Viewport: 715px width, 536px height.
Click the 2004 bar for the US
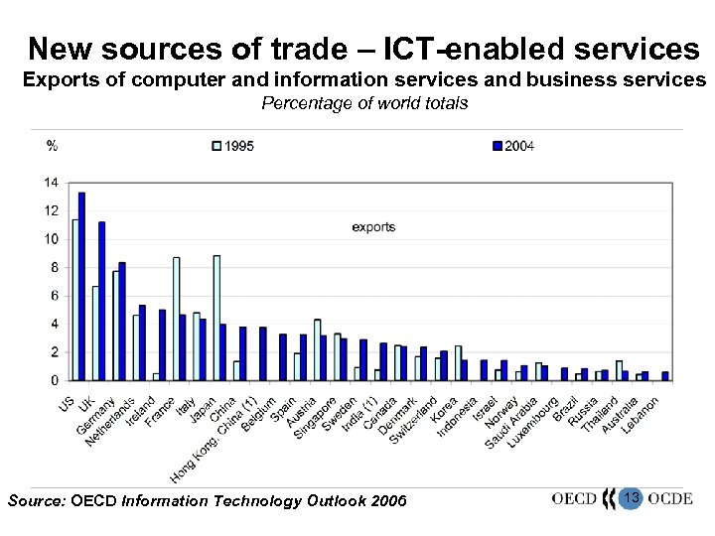coord(81,286)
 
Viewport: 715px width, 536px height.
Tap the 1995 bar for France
coord(176,319)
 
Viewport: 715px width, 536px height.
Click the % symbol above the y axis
coord(52,146)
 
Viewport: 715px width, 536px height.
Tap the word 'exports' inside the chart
coord(373,227)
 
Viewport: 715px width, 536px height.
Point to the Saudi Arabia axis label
coord(510,425)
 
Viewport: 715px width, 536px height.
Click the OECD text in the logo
coord(573,498)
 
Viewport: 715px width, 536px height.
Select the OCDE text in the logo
coord(669,498)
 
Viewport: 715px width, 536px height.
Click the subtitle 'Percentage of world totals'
coord(364,103)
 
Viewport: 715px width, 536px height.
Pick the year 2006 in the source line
coord(389,501)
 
